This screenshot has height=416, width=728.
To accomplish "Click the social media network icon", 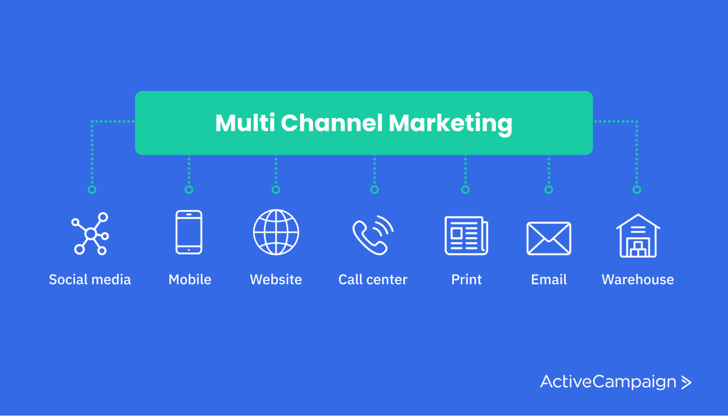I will pyautogui.click(x=91, y=234).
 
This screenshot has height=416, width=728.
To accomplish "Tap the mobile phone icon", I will pyautogui.click(x=189, y=232).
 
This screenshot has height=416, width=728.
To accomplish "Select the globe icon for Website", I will pyautogui.click(x=276, y=232).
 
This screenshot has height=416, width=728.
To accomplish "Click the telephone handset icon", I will pyautogui.click(x=373, y=235).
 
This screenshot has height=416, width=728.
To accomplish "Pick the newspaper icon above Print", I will pyautogui.click(x=466, y=236).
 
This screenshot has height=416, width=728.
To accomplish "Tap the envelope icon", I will pyautogui.click(x=549, y=238).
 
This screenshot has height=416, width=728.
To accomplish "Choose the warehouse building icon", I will pyautogui.click(x=638, y=236).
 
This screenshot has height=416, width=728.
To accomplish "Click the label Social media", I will pyautogui.click(x=90, y=279).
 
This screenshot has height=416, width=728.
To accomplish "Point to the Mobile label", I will pyautogui.click(x=190, y=279).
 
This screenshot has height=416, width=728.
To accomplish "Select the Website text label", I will pyautogui.click(x=276, y=279).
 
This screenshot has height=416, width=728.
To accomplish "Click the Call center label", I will pyautogui.click(x=373, y=279).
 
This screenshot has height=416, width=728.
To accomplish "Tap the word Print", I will pyautogui.click(x=466, y=279).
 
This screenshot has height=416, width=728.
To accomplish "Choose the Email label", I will pyautogui.click(x=549, y=279).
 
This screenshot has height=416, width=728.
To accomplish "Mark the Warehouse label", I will pyautogui.click(x=638, y=279).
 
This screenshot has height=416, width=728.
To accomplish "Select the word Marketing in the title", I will pyautogui.click(x=450, y=124).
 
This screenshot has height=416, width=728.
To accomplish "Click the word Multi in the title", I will pyautogui.click(x=245, y=123).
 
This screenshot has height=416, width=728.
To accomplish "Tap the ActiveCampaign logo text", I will pyautogui.click(x=608, y=382).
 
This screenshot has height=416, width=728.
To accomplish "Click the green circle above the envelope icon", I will pyautogui.click(x=549, y=190).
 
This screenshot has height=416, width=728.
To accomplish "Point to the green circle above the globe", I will pyautogui.click(x=276, y=190).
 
